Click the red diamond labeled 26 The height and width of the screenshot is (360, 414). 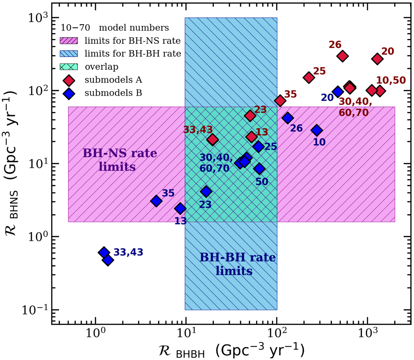[x=342, y=56]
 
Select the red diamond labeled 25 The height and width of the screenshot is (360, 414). [x=309, y=77]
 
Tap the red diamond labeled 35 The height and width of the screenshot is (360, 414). [x=280, y=100]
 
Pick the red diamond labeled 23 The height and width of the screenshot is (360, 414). [x=250, y=116]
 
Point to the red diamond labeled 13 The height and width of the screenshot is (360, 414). [x=252, y=137]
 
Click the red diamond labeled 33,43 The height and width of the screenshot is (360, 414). [x=213, y=139]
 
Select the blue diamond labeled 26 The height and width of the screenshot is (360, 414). [x=287, y=118]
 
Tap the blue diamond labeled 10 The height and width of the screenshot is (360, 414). [x=317, y=130]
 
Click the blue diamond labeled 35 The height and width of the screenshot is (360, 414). [x=156, y=201]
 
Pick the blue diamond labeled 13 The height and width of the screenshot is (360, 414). [x=180, y=208]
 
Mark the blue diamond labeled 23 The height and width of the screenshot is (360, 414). [x=206, y=191]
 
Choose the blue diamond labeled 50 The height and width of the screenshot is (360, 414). [x=259, y=168]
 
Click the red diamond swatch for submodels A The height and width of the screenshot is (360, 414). [x=69, y=80]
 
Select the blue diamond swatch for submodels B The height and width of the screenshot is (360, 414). [x=69, y=93]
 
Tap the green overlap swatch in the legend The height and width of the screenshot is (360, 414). [x=69, y=67]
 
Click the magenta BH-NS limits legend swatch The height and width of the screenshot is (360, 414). [x=69, y=41]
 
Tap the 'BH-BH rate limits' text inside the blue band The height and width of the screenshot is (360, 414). [x=237, y=264]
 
